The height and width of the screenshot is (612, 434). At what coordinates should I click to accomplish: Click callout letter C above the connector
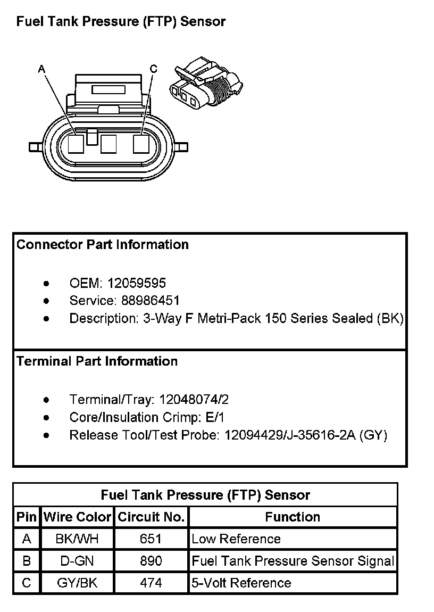pos(153,69)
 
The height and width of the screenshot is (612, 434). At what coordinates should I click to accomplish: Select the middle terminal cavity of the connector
pos(108,144)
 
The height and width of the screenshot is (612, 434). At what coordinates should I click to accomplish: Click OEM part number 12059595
pos(137,283)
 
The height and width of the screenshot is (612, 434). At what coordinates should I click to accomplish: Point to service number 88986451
pos(151,300)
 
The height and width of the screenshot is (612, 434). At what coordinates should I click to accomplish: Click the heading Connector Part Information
pos(103,245)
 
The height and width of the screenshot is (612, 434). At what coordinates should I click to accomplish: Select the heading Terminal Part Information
pos(97,361)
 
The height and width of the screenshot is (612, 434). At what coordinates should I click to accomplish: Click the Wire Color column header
pos(77,517)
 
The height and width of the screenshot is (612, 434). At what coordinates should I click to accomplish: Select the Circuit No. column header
pos(151,517)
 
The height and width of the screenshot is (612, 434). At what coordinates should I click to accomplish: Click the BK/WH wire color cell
pos(77,539)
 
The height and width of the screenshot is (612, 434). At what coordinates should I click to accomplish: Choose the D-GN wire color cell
pos(77,561)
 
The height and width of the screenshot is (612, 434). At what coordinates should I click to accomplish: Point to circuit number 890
pos(151,561)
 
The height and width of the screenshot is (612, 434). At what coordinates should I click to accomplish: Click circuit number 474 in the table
pos(151,583)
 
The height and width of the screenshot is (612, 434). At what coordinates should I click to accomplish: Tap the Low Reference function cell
pos(236,539)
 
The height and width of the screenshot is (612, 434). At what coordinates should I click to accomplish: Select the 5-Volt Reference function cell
pos(241,583)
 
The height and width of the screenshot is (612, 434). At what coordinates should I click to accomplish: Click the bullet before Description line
pos(47,319)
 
